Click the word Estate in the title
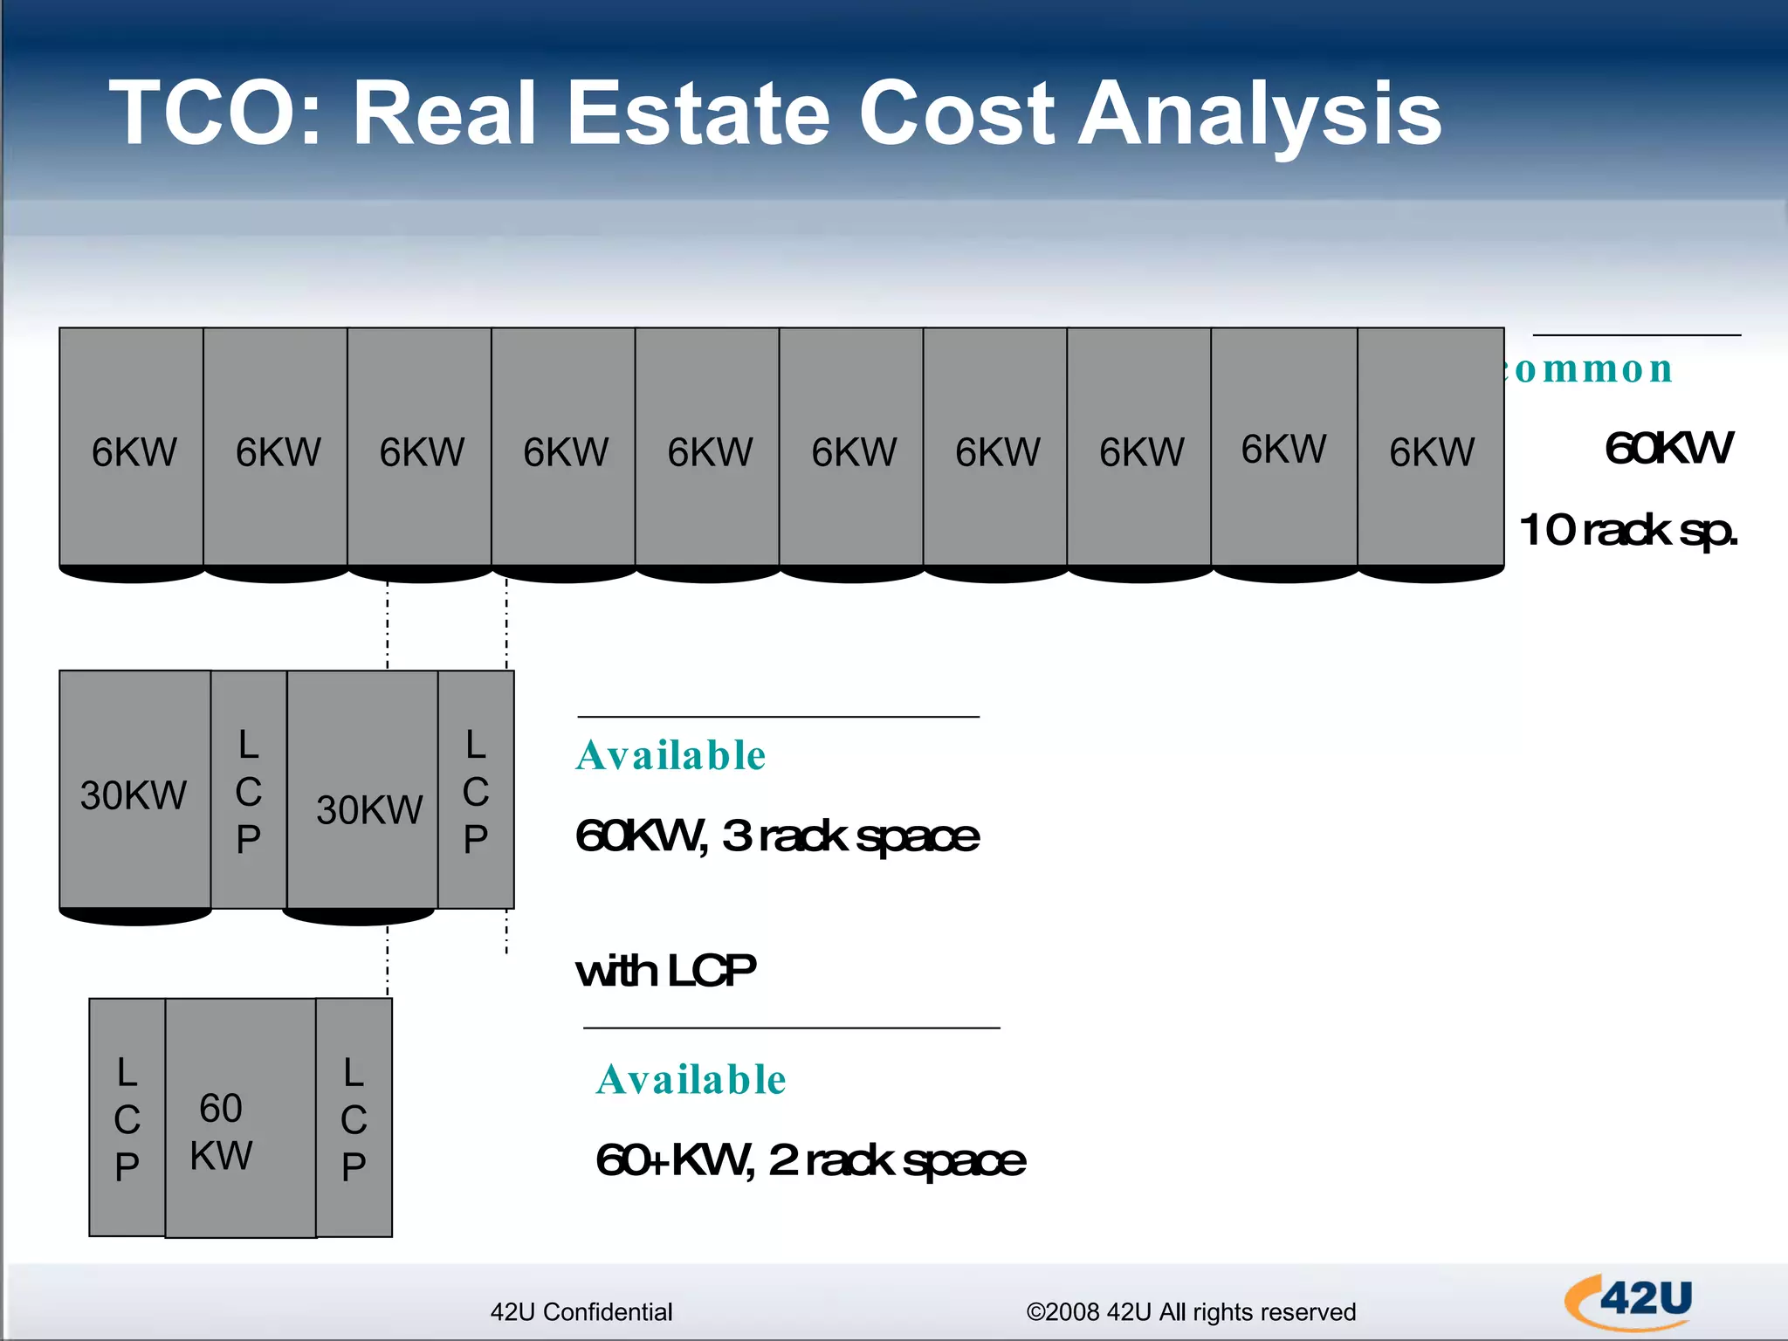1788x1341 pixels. coord(698,113)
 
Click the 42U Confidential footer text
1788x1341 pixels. coord(581,1311)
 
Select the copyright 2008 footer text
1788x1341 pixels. coord(1191,1311)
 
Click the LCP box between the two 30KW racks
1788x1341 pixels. coord(249,791)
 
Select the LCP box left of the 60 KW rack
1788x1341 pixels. coord(127,1117)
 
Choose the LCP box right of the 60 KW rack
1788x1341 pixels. coord(354,1117)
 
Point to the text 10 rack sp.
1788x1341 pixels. coord(1628,529)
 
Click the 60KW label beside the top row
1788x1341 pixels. coord(1668,448)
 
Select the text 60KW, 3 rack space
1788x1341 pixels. coord(777,836)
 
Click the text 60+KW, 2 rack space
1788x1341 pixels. coord(810,1160)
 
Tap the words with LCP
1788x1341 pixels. coord(665,970)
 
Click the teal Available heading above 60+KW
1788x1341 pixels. coord(691,1079)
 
